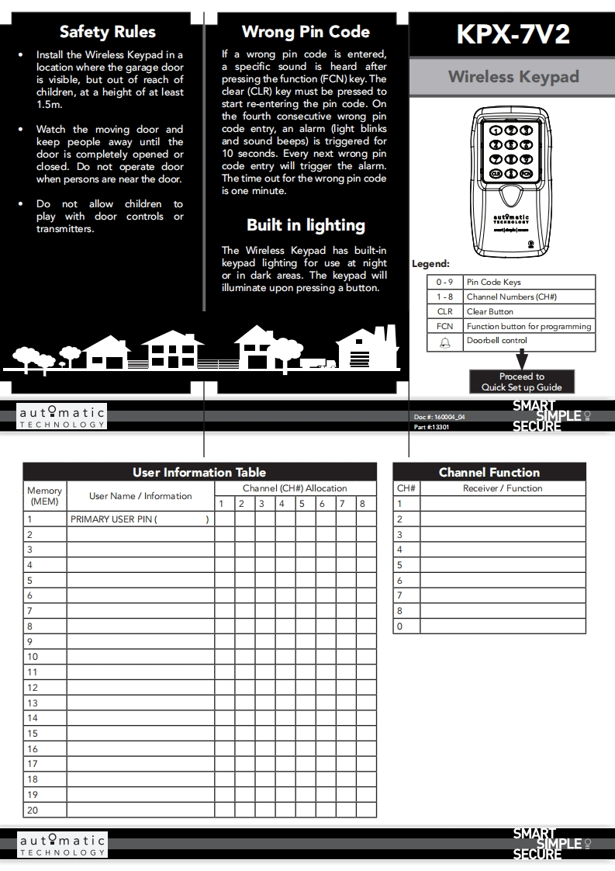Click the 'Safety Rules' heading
tap(107, 32)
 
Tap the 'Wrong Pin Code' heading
tap(306, 32)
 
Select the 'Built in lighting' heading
tap(306, 225)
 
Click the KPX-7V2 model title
tap(513, 34)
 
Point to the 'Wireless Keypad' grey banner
tap(513, 77)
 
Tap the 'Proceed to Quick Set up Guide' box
tap(521, 382)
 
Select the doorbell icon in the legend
tap(444, 342)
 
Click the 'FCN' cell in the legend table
tap(444, 327)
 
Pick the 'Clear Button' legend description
tap(490, 312)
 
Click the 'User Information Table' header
tap(199, 472)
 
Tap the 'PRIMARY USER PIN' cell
tap(140, 519)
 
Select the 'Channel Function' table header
tap(489, 472)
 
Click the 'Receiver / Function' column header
tap(503, 488)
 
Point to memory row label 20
tap(33, 810)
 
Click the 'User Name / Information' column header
tap(140, 496)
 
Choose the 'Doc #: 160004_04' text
tap(440, 417)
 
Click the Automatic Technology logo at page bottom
tap(63, 845)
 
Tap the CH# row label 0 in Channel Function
tap(400, 626)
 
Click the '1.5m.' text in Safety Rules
tap(48, 105)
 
